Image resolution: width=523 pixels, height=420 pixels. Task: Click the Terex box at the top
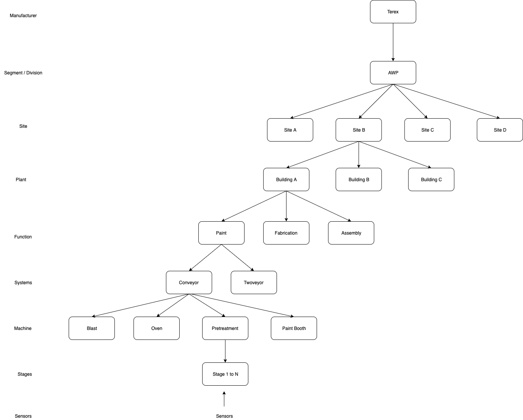(393, 12)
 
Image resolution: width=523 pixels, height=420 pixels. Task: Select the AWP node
(393, 73)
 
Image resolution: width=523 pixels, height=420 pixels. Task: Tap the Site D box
(500, 130)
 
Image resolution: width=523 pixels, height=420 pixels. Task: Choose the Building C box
(431, 180)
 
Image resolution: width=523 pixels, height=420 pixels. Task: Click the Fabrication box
(286, 233)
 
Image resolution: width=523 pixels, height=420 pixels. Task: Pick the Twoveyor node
(254, 283)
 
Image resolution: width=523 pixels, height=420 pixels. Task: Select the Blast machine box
(92, 328)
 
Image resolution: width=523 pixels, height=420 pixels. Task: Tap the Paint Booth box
(294, 328)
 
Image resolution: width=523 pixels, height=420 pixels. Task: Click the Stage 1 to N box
(225, 374)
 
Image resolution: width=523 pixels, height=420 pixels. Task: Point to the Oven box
(156, 328)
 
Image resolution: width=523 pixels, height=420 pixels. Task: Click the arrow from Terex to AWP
(393, 42)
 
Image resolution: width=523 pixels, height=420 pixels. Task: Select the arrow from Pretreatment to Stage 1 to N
(225, 351)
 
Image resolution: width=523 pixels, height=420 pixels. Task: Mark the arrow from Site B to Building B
(359, 154)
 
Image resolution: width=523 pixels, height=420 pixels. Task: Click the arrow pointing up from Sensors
(224, 399)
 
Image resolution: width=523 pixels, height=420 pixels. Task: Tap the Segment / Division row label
(23, 73)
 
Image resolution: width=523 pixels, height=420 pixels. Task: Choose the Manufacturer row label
(23, 16)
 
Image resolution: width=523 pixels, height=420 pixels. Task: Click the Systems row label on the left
(23, 283)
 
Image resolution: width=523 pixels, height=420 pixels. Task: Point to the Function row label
(23, 237)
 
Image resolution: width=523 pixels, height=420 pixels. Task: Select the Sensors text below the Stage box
(224, 416)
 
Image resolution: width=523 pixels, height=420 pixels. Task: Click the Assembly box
(351, 233)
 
